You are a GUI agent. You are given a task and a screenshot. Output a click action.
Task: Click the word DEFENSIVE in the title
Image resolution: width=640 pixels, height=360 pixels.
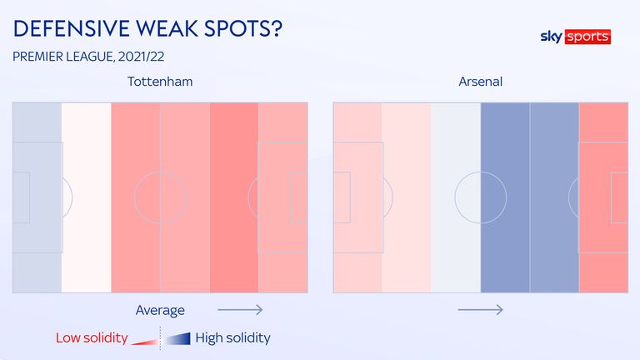point(72,28)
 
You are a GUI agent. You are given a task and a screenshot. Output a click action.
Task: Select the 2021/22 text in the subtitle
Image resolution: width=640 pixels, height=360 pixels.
point(141,57)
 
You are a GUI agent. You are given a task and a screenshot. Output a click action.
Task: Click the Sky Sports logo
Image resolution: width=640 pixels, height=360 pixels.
point(576,37)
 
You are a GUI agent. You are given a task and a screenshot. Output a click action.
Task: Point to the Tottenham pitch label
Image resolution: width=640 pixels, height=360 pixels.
point(160,82)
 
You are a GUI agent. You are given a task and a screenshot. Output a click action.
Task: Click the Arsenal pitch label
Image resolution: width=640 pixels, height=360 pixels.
point(480,82)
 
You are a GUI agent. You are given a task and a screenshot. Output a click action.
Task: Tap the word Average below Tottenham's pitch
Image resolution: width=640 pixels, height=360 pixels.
point(160,310)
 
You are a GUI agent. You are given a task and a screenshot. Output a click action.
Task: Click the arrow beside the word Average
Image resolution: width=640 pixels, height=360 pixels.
point(240,310)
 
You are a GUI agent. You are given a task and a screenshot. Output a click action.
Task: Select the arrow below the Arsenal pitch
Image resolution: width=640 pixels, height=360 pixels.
point(480,310)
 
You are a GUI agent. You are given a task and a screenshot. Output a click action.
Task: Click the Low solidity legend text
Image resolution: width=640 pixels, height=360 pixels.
point(92,338)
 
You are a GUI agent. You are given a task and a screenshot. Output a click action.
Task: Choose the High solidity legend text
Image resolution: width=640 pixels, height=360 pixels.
point(232,338)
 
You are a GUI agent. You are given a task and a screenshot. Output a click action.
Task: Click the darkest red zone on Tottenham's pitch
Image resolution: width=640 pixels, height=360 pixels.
point(234,197)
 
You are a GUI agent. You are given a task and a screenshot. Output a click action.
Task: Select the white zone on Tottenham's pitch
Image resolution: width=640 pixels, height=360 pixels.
point(86,197)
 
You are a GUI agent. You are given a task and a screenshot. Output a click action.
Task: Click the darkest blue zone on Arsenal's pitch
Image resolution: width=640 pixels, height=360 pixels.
point(505,197)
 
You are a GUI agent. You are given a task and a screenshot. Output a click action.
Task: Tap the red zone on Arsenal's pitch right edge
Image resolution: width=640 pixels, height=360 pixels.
point(603,197)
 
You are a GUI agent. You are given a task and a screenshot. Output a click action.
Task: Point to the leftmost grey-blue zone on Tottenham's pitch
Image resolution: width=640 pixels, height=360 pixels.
point(37,197)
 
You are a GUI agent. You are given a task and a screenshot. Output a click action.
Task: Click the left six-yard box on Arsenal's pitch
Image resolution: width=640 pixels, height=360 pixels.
point(342,197)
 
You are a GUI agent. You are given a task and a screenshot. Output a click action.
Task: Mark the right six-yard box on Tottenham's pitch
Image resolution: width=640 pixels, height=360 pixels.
point(299,197)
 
